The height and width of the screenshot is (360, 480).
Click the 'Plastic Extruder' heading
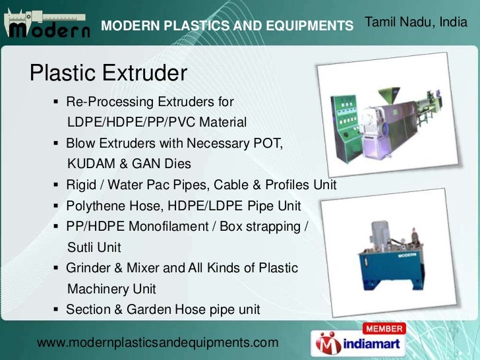click(109, 73)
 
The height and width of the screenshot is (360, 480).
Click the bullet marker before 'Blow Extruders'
click(57, 143)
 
